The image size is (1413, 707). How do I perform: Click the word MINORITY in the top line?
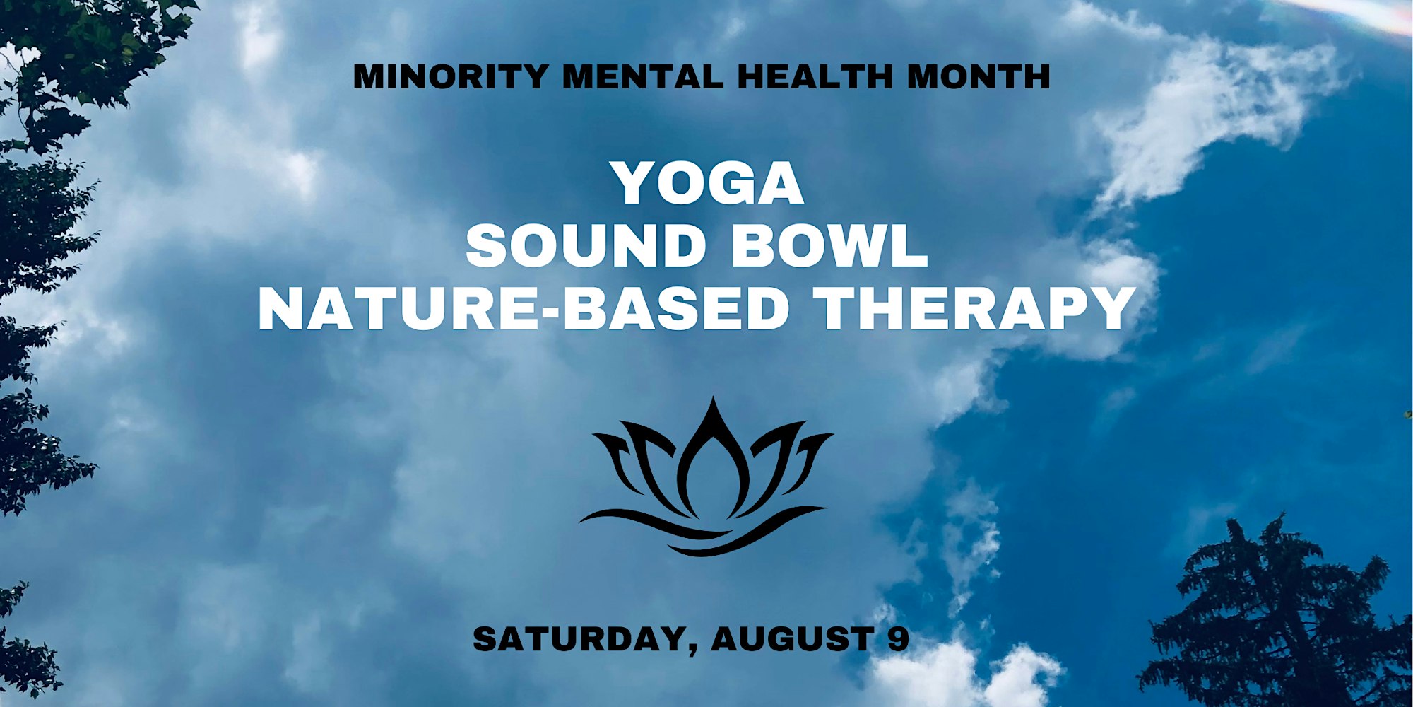450,76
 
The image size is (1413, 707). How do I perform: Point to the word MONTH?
979,76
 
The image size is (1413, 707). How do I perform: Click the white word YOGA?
709,183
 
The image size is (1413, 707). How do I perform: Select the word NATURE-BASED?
524,309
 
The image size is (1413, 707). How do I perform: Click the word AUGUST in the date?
790,639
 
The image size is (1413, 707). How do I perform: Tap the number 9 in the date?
897,639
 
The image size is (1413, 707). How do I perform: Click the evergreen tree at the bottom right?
1279,615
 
